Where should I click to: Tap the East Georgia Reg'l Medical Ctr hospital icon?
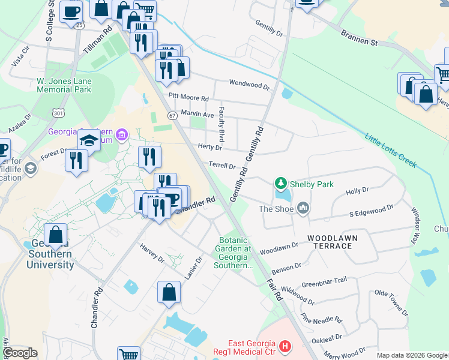tap(285, 346)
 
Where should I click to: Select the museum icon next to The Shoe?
tap(303, 208)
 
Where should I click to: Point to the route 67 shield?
tap(172, 115)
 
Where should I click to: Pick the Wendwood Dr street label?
tap(250, 85)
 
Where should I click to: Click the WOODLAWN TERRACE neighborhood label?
tap(330, 242)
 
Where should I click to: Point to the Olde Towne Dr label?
tap(391, 303)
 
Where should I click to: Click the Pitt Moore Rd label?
tap(188, 97)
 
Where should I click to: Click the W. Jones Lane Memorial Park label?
tap(64, 85)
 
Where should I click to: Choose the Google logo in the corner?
tap(20, 353)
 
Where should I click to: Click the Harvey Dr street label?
tap(152, 253)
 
